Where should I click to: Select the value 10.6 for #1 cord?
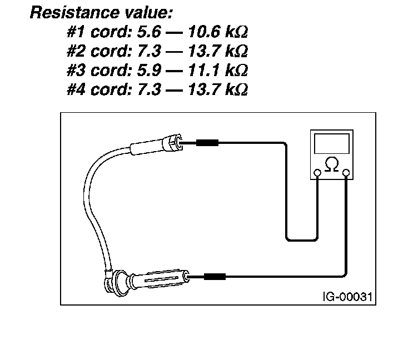pos(205,32)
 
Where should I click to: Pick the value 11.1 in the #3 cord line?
pos(205,71)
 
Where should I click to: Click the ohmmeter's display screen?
pos(332,144)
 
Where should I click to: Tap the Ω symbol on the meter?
pos(332,165)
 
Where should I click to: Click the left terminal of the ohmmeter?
pos(317,173)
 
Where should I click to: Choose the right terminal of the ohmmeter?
pos(346,173)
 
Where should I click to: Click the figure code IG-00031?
pos(348,296)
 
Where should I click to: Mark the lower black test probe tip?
pos(214,276)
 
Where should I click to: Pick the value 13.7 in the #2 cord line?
pos(205,51)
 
